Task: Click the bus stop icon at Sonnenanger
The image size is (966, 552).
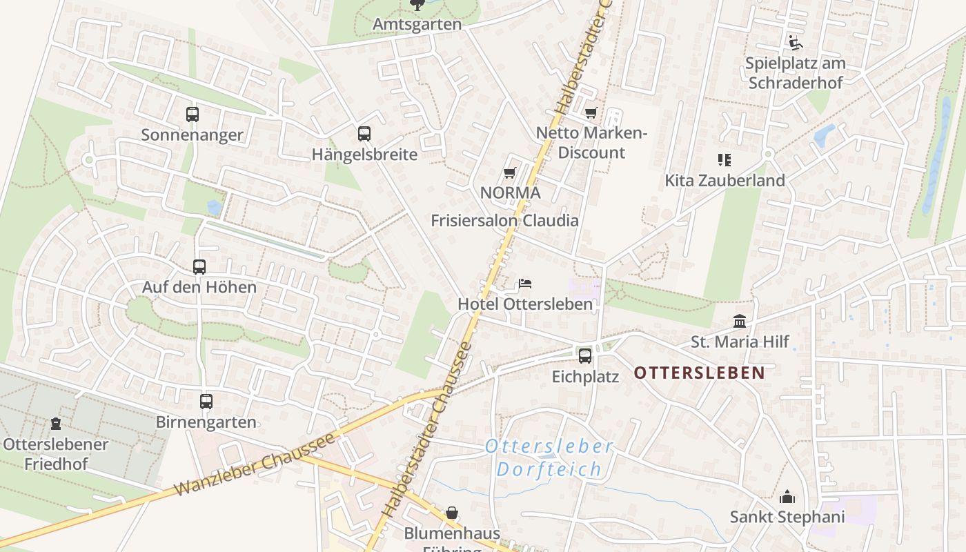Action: coord(193,115)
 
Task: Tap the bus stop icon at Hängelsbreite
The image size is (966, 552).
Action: coord(364,134)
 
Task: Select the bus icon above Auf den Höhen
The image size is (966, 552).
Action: coord(199,267)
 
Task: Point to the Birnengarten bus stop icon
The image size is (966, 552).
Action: coord(206,402)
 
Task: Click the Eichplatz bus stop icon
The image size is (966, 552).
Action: coord(585,356)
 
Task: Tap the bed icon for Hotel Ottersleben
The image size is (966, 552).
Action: coord(525,284)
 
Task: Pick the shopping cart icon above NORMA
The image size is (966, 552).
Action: coord(510,172)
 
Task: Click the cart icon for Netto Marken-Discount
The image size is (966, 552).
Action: coord(591,112)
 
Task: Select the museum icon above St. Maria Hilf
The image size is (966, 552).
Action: coord(740,322)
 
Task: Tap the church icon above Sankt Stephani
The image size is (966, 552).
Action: coord(787,497)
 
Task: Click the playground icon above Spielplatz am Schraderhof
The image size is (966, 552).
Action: coord(796,43)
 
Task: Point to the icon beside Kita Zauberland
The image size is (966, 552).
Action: coord(724,160)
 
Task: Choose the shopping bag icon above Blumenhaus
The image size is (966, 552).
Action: coord(452,513)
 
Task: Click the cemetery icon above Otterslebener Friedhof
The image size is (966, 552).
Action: coord(56,424)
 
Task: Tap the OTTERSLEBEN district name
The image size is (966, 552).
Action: coord(699,373)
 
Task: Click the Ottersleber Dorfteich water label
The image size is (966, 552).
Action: coord(549,458)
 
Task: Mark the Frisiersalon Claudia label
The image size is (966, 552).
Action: coord(504,221)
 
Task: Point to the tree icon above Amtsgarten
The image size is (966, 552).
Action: coord(417,6)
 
